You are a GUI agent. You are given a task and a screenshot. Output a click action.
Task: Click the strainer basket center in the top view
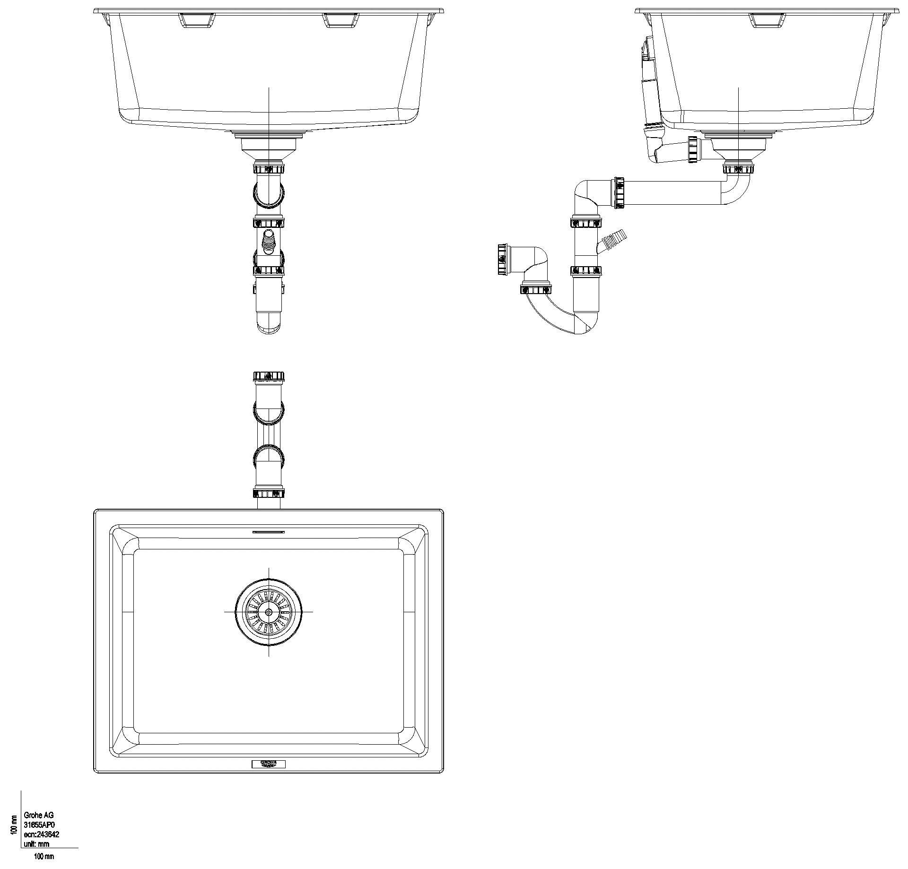pos(269,611)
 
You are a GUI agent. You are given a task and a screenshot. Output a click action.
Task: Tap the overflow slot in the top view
pos(269,532)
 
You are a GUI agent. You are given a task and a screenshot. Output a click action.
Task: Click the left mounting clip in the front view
pos(196,20)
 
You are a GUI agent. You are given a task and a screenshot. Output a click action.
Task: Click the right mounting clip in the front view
pos(341,20)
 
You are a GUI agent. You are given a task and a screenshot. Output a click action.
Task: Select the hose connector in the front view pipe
pos(269,241)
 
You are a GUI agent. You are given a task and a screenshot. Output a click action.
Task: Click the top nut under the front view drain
pos(269,168)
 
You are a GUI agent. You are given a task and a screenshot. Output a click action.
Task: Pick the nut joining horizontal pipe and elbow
pos(619,192)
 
